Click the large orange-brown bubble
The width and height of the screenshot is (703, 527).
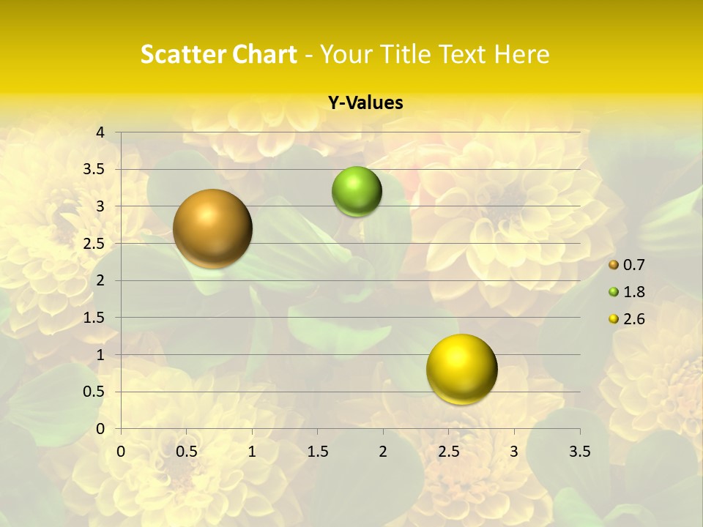tap(212, 228)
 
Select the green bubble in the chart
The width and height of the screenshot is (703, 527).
tap(357, 192)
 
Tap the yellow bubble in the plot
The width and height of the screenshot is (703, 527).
tap(461, 369)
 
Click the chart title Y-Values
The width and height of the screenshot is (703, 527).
tap(365, 103)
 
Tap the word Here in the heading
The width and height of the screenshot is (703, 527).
tap(521, 54)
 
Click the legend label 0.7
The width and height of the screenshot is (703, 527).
tap(634, 265)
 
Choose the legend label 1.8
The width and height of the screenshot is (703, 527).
tap(634, 292)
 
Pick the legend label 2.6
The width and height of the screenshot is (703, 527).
tap(634, 319)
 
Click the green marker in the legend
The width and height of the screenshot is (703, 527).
tap(614, 292)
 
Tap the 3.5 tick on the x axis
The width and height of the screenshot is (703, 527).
tap(579, 452)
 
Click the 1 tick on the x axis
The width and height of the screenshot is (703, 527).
tap(252, 452)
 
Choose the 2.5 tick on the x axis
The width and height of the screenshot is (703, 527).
tap(448, 452)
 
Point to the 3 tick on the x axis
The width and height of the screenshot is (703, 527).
tap(514, 452)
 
